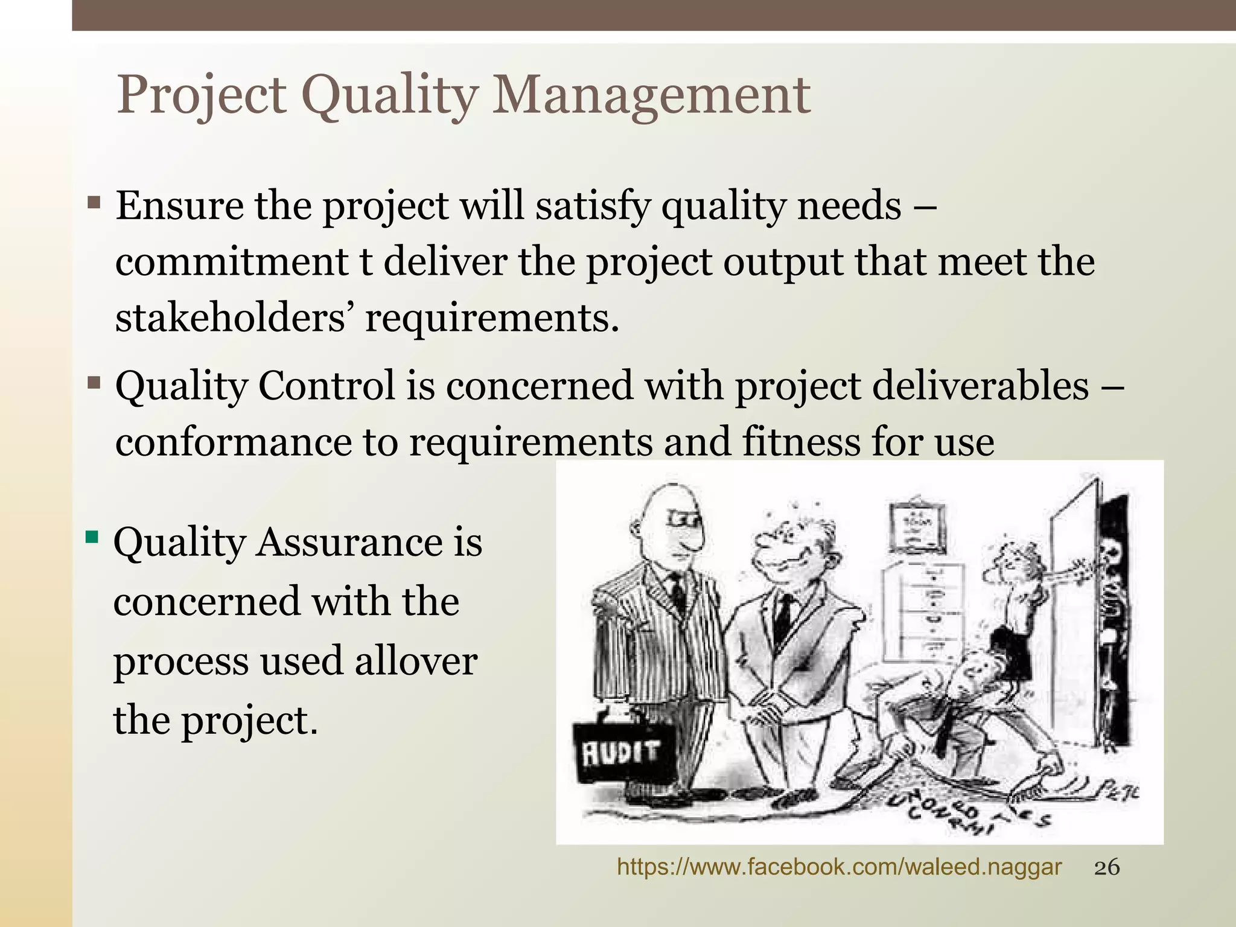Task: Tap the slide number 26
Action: pyautogui.click(x=1107, y=868)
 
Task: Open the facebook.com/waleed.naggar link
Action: pyautogui.click(x=839, y=868)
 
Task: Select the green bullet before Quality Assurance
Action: pyautogui.click(x=92, y=537)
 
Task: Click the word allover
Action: pyautogui.click(x=416, y=661)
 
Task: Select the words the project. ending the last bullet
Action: pyautogui.click(x=215, y=720)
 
